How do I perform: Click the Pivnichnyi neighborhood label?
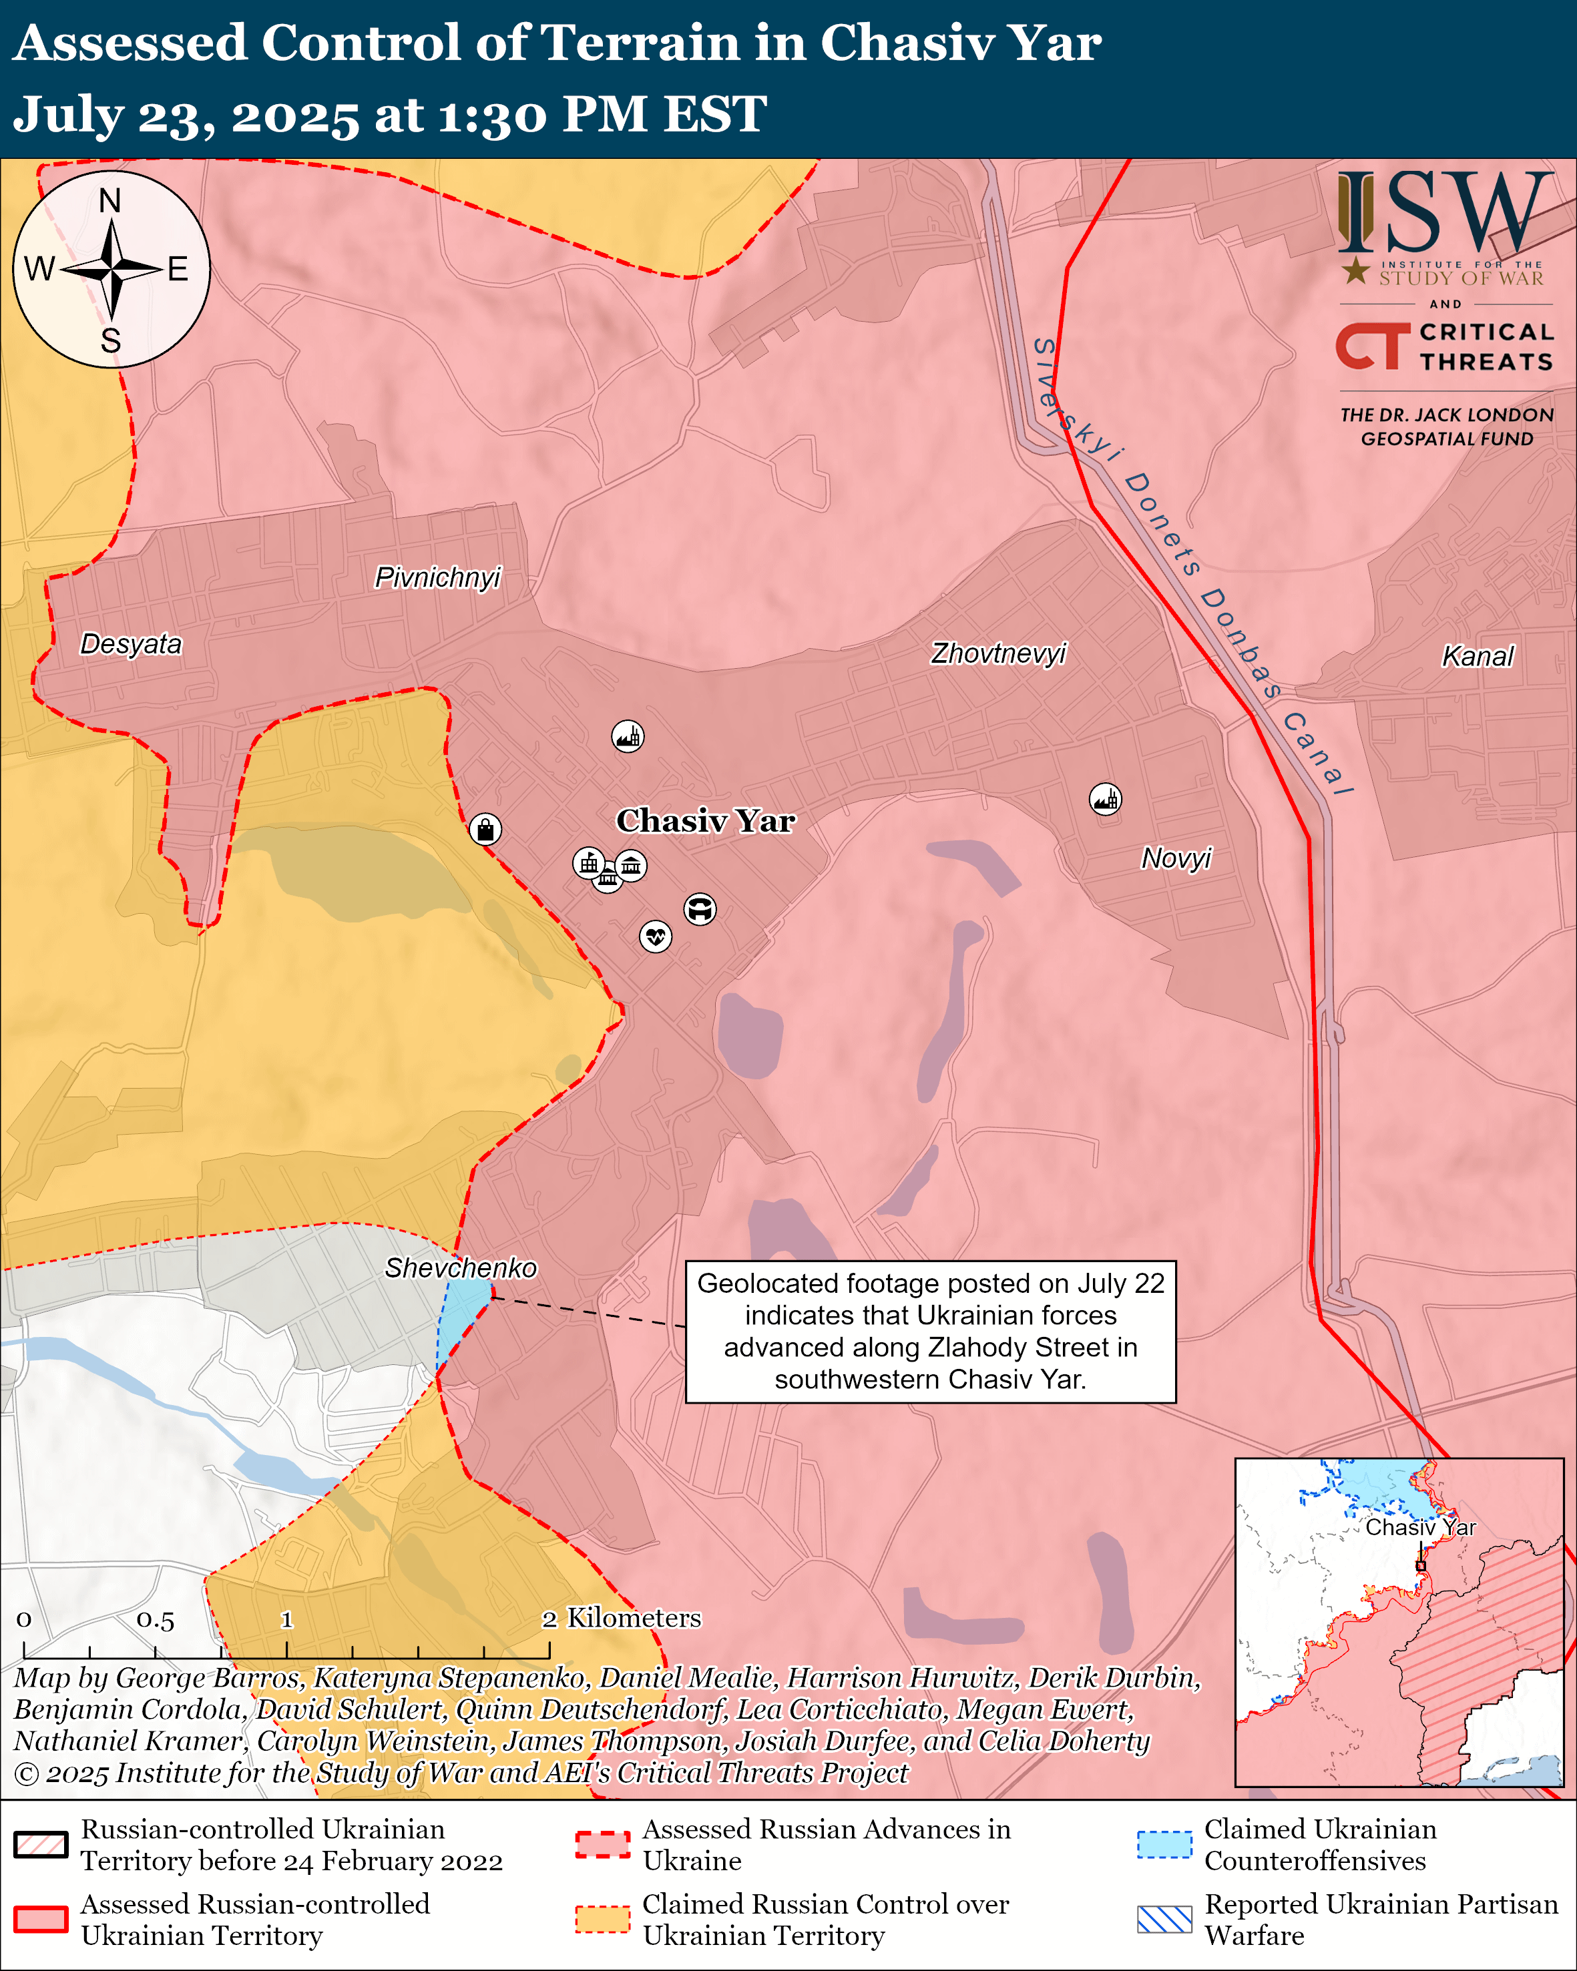click(x=438, y=578)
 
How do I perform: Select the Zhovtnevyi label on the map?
click(x=998, y=653)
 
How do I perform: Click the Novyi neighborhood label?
click(x=1176, y=858)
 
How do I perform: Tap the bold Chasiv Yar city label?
click(x=705, y=820)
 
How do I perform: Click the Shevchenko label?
click(x=461, y=1268)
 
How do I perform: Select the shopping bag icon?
click(x=485, y=829)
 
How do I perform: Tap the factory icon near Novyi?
click(x=1105, y=799)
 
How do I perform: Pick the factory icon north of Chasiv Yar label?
click(x=627, y=736)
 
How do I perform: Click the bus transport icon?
click(x=700, y=908)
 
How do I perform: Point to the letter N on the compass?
click(x=109, y=200)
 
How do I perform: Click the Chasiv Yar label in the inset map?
click(x=1419, y=1526)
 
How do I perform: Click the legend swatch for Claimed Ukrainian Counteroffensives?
click(x=1164, y=1844)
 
